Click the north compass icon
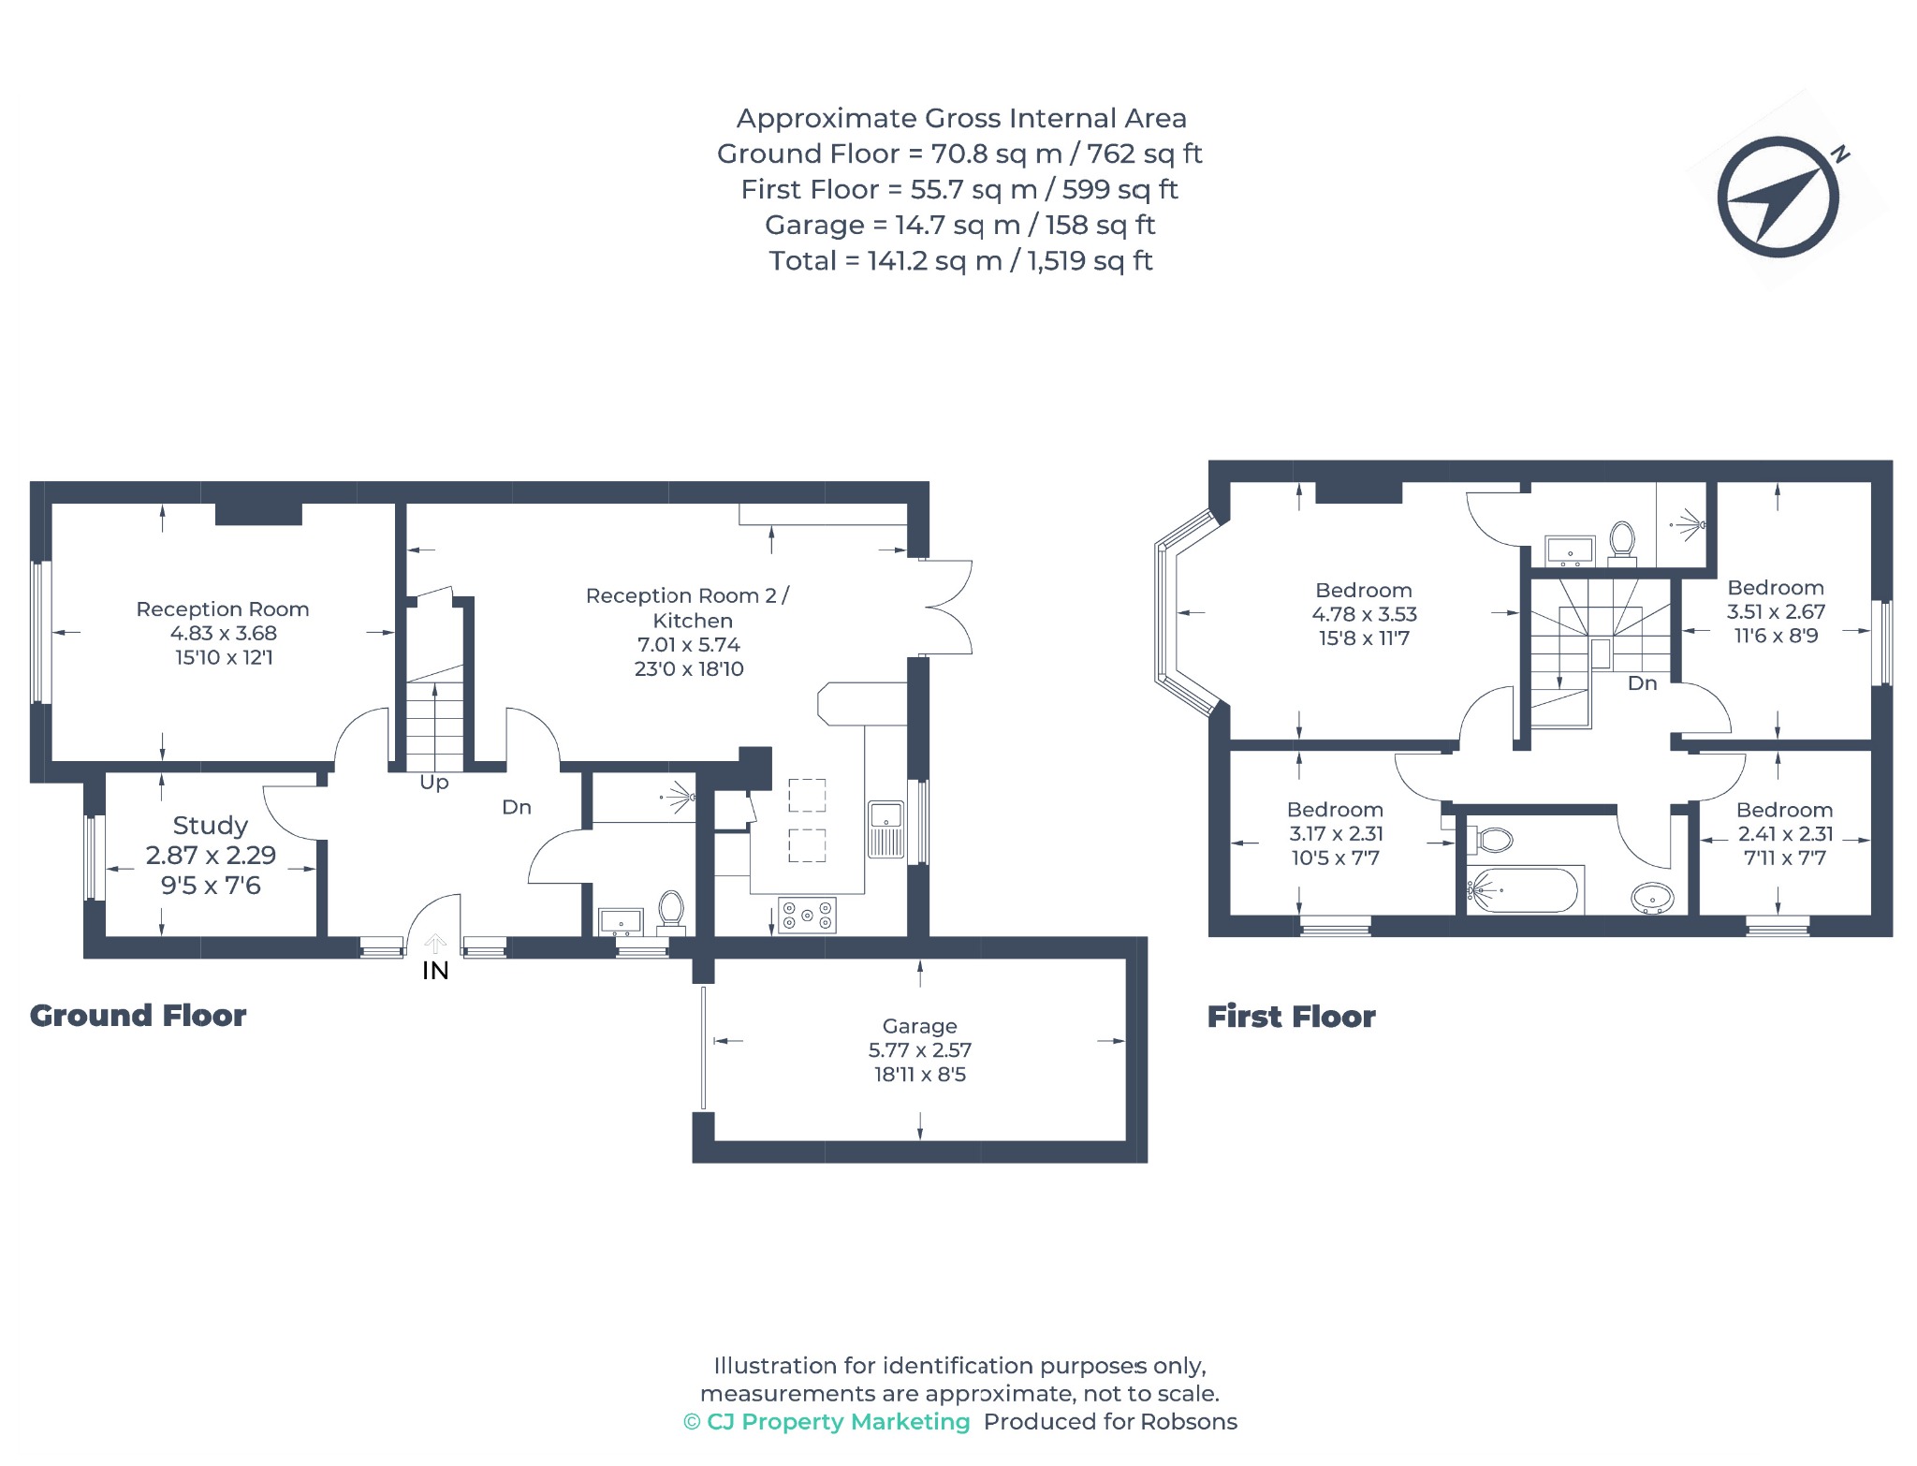click(x=1778, y=197)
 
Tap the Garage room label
click(x=919, y=1026)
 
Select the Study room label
click(x=211, y=826)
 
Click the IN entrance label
click(x=435, y=971)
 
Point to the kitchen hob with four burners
click(x=807, y=916)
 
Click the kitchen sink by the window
click(x=885, y=829)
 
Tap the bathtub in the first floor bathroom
click(x=1523, y=890)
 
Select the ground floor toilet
click(x=670, y=913)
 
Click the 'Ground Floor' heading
click(x=138, y=1016)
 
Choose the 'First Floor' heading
click(x=1291, y=1017)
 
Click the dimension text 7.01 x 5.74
click(x=689, y=645)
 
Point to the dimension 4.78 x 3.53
click(x=1364, y=614)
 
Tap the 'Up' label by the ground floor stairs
click(x=434, y=783)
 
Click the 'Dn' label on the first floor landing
click(x=1642, y=683)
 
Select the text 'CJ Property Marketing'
click(x=839, y=1422)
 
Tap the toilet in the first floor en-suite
click(x=1622, y=544)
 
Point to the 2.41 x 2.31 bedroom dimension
click(x=1785, y=834)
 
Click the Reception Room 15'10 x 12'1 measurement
click(x=224, y=658)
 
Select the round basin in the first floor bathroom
click(x=1652, y=899)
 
